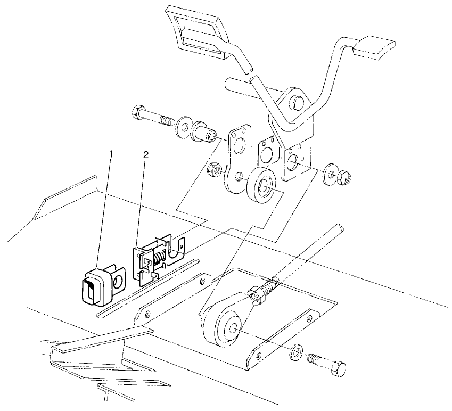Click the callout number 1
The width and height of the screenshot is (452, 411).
click(111, 154)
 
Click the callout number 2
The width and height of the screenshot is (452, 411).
click(146, 154)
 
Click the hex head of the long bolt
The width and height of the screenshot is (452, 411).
click(135, 112)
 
